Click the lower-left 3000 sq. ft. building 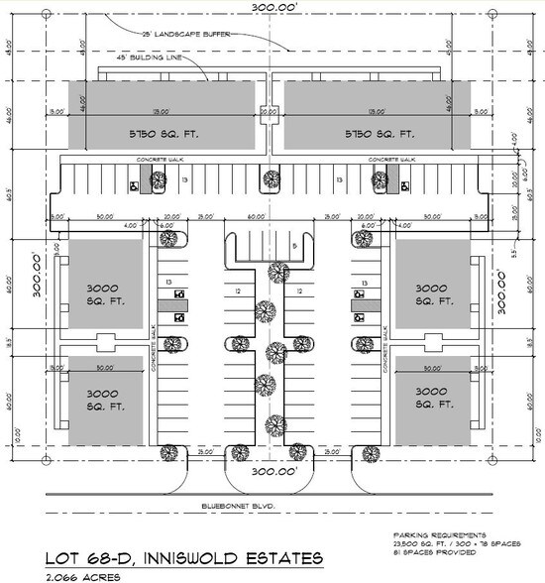pyautogui.click(x=101, y=401)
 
